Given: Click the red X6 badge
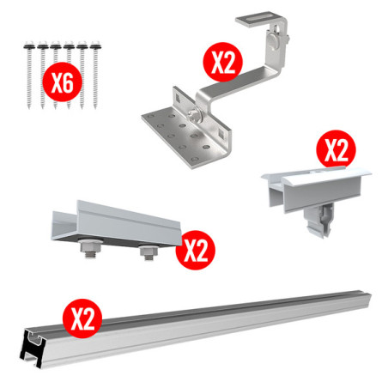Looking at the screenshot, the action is (63, 82).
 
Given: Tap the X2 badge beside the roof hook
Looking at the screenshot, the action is (222, 62).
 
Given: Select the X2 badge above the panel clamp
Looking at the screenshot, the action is (336, 149).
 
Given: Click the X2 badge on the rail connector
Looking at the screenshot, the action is (195, 250).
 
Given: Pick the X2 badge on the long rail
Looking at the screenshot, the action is (82, 318).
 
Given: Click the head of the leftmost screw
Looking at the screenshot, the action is (29, 45).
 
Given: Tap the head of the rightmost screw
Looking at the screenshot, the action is (95, 45).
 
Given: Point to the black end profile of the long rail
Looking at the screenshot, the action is (33, 347).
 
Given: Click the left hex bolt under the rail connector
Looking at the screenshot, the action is (90, 248).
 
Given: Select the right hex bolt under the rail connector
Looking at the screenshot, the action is (149, 252).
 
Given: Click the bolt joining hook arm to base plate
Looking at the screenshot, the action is (195, 113).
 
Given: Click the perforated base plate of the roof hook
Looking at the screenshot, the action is (183, 135).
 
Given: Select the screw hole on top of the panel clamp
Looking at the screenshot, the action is (317, 173).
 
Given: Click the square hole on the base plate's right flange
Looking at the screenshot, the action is (222, 133).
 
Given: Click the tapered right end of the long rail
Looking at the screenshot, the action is (368, 300).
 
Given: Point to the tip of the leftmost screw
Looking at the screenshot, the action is (29, 107).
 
